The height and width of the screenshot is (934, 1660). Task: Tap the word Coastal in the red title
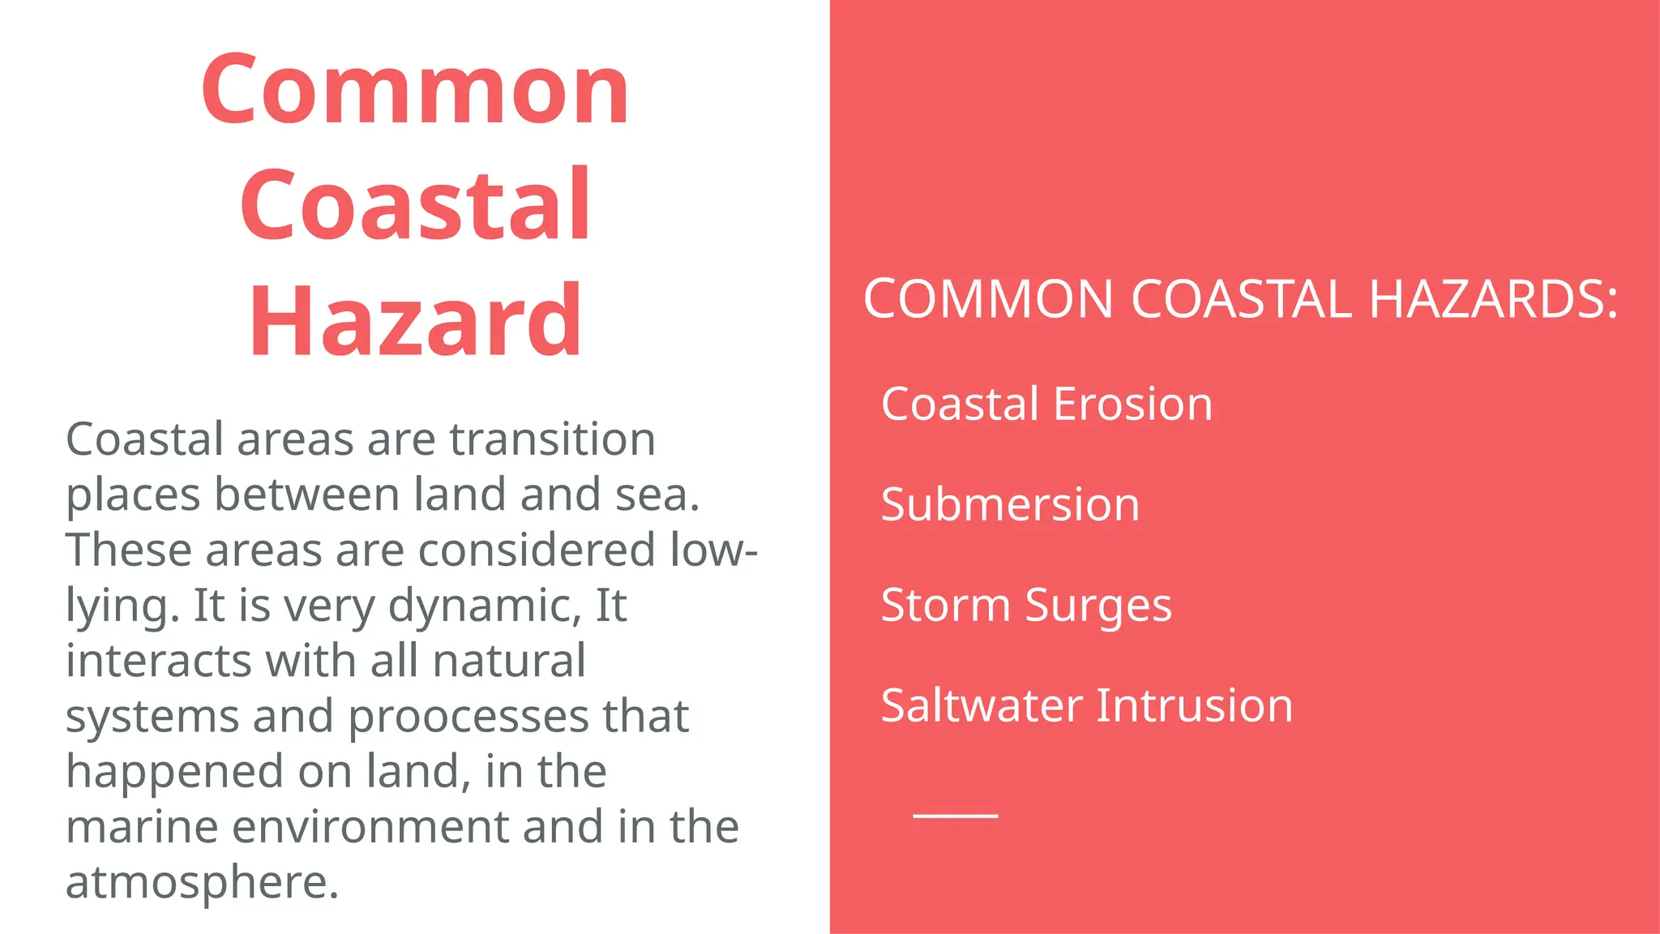click(415, 204)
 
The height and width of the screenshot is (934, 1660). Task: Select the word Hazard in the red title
click(415, 321)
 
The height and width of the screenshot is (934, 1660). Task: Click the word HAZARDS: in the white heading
click(1493, 299)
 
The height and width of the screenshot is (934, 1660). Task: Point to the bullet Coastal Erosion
click(1046, 404)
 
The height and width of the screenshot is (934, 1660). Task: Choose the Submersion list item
click(1010, 504)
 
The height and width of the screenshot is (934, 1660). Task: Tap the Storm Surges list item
click(1026, 605)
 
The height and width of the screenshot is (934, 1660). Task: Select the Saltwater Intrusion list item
click(1086, 705)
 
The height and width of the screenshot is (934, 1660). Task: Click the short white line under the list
click(955, 816)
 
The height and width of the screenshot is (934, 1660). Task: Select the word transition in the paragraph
click(552, 439)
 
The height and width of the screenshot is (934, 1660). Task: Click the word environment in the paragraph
click(370, 827)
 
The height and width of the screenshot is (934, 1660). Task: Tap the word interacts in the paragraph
click(159, 661)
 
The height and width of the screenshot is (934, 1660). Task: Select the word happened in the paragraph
click(174, 772)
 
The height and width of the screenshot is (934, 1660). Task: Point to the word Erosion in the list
click(1132, 404)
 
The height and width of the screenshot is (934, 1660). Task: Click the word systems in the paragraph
click(152, 717)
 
